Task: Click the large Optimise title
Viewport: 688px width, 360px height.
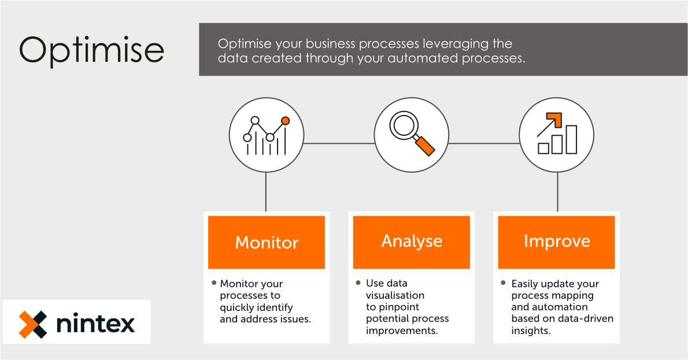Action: (x=91, y=50)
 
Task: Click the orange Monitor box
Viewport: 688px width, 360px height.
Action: (x=267, y=242)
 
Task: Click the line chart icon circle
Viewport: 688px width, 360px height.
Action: (x=266, y=135)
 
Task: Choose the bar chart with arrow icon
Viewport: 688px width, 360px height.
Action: (x=556, y=134)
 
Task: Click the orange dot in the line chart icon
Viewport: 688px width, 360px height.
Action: (x=285, y=121)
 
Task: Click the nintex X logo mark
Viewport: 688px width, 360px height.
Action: (x=32, y=324)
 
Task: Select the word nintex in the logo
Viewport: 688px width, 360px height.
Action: (x=95, y=324)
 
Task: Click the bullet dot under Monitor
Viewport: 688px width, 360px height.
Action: (x=213, y=283)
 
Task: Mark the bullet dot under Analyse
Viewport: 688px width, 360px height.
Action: (x=358, y=283)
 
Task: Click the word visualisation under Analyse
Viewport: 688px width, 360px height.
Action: (x=395, y=295)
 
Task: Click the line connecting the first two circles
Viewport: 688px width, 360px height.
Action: (x=338, y=143)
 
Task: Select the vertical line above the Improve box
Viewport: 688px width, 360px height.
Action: (x=557, y=192)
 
